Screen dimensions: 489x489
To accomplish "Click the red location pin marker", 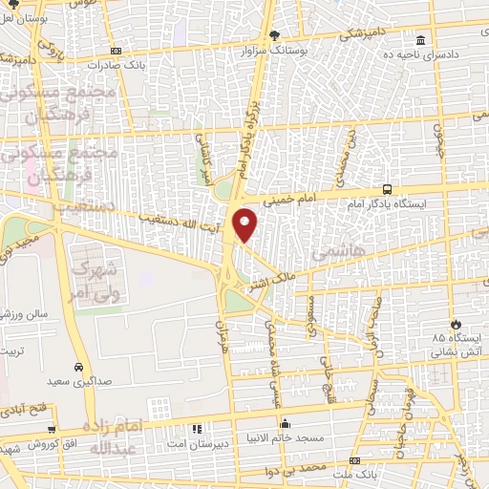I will pos(246,224).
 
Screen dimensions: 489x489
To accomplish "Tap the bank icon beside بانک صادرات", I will pos(116,51).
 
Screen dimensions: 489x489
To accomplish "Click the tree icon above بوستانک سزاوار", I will pos(274,33).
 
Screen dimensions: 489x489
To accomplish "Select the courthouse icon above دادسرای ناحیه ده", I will pos(421,40).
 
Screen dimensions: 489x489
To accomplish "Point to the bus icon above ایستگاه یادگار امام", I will pos(387,188).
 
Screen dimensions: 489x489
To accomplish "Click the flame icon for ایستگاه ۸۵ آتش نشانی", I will pos(457,324).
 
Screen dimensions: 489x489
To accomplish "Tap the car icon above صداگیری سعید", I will pos(76,366).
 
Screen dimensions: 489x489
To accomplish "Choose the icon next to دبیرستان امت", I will pos(198,429).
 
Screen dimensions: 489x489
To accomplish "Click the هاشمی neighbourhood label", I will pos(333,251).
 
